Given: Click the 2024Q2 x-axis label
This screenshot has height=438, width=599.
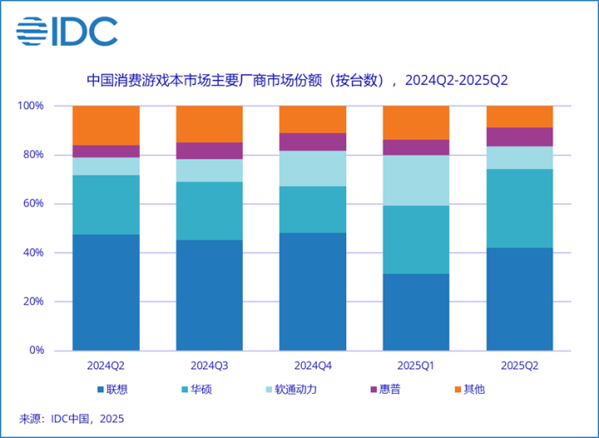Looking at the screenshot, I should click(x=106, y=365).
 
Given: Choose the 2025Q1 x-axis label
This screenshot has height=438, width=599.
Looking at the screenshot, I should click(x=415, y=365).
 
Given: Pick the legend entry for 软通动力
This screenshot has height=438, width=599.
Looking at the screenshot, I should click(x=296, y=389).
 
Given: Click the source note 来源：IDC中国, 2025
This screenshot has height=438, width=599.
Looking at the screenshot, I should click(x=71, y=419).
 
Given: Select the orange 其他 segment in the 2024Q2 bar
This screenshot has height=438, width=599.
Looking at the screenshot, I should click(x=106, y=125).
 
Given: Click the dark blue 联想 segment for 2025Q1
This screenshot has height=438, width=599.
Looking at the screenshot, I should click(x=415, y=312).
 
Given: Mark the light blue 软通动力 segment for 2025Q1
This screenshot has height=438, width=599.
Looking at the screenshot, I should click(x=415, y=180).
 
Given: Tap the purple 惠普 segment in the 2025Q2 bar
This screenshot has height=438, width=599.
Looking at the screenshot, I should click(x=519, y=136).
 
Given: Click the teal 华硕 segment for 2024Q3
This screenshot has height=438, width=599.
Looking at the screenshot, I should click(x=209, y=211).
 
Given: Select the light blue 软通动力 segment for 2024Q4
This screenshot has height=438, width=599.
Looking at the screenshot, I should click(x=312, y=168).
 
